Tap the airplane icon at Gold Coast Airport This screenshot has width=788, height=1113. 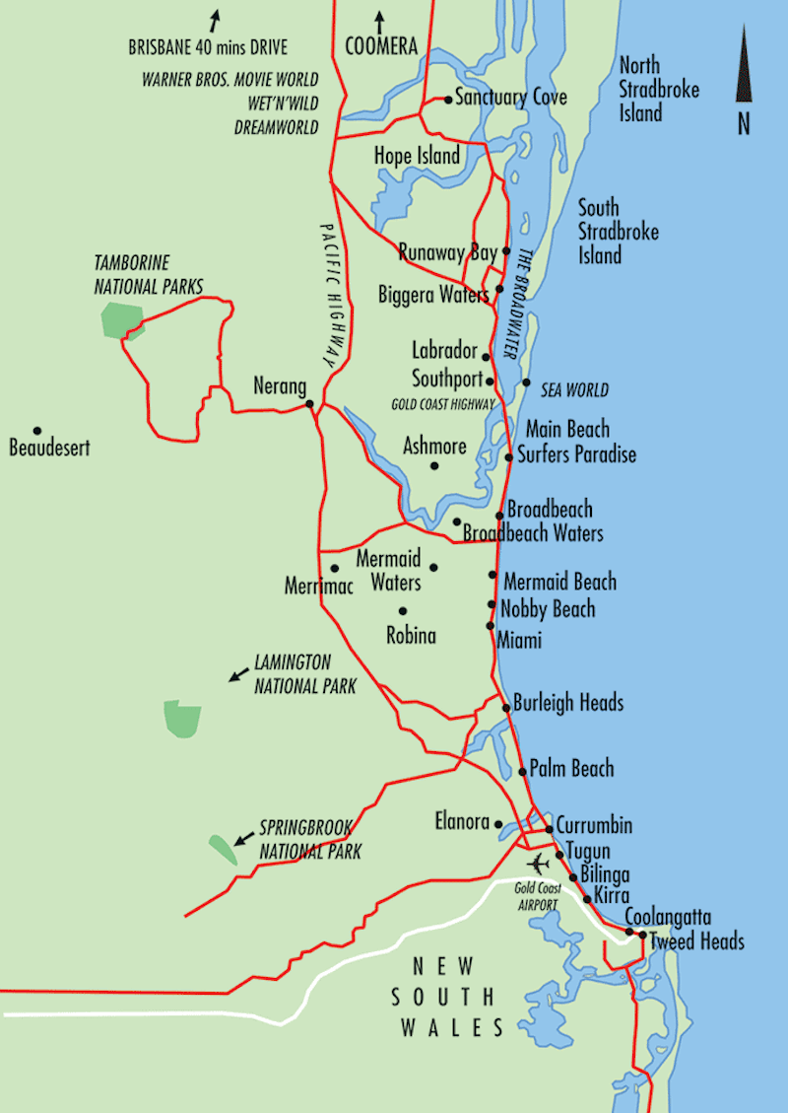pos(539,864)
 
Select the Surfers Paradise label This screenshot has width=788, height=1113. pos(581,454)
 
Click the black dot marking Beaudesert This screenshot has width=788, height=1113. pos(37,431)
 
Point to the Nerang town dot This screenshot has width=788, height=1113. pos(309,403)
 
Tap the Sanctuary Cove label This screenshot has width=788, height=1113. pos(511,99)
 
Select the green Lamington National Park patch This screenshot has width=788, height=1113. pos(182,718)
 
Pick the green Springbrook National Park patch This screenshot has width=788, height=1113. pos(223,849)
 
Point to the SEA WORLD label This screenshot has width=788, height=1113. pos(575,390)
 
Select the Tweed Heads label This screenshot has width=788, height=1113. pos(697,940)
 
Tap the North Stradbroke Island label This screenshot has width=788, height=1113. pos(660,90)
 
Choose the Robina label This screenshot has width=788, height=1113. pos(411,636)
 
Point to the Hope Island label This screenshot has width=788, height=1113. pos(417,156)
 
